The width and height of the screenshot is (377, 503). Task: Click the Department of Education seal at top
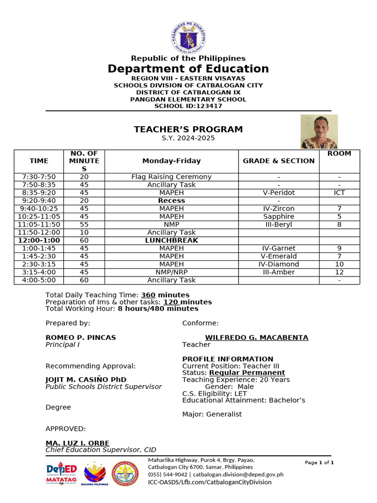click(188, 38)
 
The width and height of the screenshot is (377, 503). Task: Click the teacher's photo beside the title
click(319, 132)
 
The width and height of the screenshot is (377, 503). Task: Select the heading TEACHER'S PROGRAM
click(188, 129)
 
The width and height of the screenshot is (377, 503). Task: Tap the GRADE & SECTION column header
click(279, 161)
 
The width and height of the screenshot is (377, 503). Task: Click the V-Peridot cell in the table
click(279, 193)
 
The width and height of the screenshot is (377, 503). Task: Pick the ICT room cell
click(339, 193)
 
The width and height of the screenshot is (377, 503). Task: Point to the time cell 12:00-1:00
click(39, 240)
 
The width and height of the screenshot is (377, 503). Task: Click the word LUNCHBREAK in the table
click(171, 240)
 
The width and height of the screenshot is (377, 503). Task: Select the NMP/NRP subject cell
click(171, 272)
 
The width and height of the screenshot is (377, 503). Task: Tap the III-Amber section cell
click(279, 272)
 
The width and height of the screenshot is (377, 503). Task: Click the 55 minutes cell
click(84, 224)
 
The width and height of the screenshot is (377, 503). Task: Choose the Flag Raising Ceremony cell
click(171, 177)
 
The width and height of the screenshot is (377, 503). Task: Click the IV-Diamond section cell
click(279, 264)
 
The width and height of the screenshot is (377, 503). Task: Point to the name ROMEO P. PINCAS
click(81, 337)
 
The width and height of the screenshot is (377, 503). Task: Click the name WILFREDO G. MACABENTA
click(256, 337)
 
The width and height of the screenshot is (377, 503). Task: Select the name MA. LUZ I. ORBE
click(78, 443)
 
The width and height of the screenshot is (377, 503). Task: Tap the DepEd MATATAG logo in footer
click(61, 474)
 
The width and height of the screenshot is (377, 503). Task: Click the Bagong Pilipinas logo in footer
click(95, 474)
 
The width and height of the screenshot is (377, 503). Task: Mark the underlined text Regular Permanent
click(247, 373)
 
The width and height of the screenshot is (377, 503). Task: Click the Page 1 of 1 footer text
click(319, 463)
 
